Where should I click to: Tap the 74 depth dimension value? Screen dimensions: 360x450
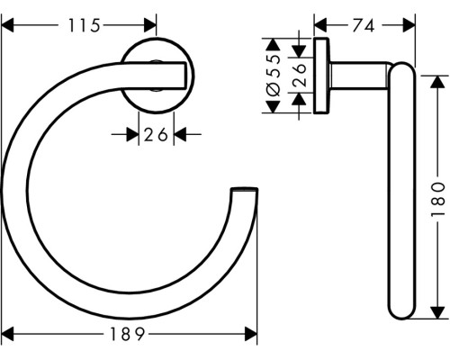[363, 27]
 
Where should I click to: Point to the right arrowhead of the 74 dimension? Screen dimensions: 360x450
[406, 27]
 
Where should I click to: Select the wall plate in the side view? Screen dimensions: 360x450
[321, 76]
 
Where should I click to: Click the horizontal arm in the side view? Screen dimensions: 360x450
[360, 76]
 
